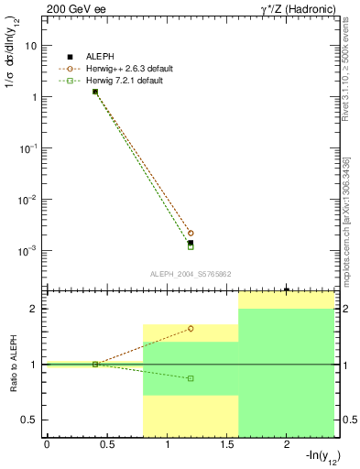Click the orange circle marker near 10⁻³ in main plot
[x=191, y=233]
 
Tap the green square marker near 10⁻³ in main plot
[x=191, y=246]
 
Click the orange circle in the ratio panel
[x=191, y=328]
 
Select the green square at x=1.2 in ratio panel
[x=191, y=378]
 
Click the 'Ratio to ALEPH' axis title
[x=14, y=365]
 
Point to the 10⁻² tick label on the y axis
[x=27, y=199]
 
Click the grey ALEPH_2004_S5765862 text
[x=191, y=274]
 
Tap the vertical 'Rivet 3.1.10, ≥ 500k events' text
[x=345, y=73]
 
